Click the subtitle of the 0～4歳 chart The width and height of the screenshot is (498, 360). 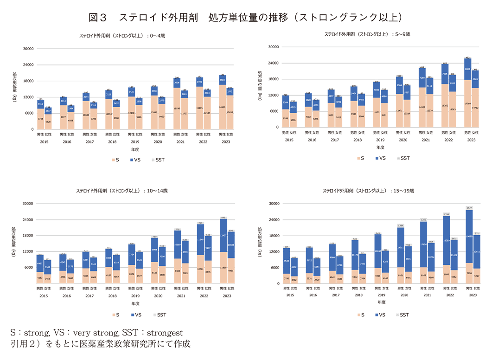[119, 35]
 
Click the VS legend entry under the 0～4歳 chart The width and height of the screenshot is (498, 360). [136, 160]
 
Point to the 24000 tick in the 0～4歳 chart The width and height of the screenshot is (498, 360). [28, 64]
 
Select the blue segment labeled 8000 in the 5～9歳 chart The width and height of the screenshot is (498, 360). [467, 69]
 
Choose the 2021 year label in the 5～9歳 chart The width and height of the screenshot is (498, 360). [425, 139]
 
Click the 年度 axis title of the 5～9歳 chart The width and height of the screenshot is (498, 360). [380, 147]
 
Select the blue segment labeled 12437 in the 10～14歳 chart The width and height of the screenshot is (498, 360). [223, 236]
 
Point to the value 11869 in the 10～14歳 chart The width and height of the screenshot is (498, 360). [223, 268]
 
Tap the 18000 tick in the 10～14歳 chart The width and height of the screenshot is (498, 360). [28, 235]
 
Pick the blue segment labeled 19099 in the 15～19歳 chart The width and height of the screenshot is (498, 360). [469, 236]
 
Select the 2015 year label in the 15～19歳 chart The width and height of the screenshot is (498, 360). [290, 294]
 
